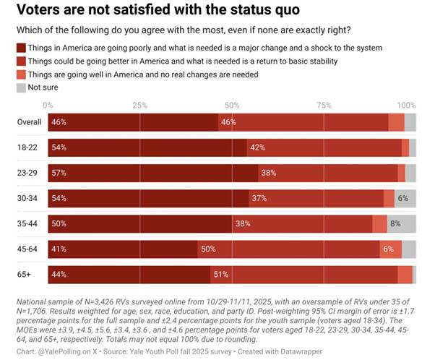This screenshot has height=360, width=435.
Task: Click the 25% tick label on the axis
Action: [x=140, y=105]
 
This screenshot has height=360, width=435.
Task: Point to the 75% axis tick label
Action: [x=324, y=105]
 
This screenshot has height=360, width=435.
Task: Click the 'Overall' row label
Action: [x=29, y=122]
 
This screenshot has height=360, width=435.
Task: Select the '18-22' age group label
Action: [x=29, y=147]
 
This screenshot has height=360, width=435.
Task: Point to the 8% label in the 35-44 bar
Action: [x=395, y=224]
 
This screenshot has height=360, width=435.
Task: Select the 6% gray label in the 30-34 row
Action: [x=403, y=199]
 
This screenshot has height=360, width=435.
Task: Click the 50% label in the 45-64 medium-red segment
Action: [x=209, y=249]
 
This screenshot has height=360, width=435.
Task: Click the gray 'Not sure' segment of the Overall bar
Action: [x=410, y=122]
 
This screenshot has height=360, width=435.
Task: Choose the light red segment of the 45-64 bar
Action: [x=390, y=249]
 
